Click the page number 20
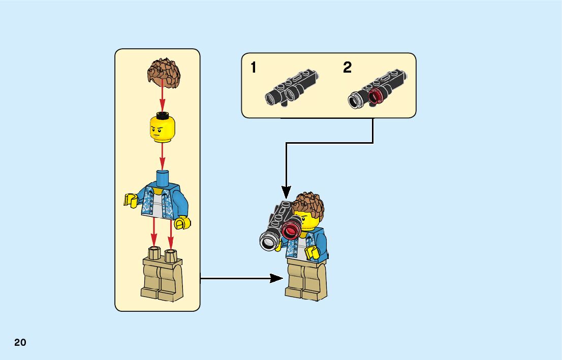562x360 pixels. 20,343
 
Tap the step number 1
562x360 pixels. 254,68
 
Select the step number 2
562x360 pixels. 347,68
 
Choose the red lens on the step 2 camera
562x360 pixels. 376,95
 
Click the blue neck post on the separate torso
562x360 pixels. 163,178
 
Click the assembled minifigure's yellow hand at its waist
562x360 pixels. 312,252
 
